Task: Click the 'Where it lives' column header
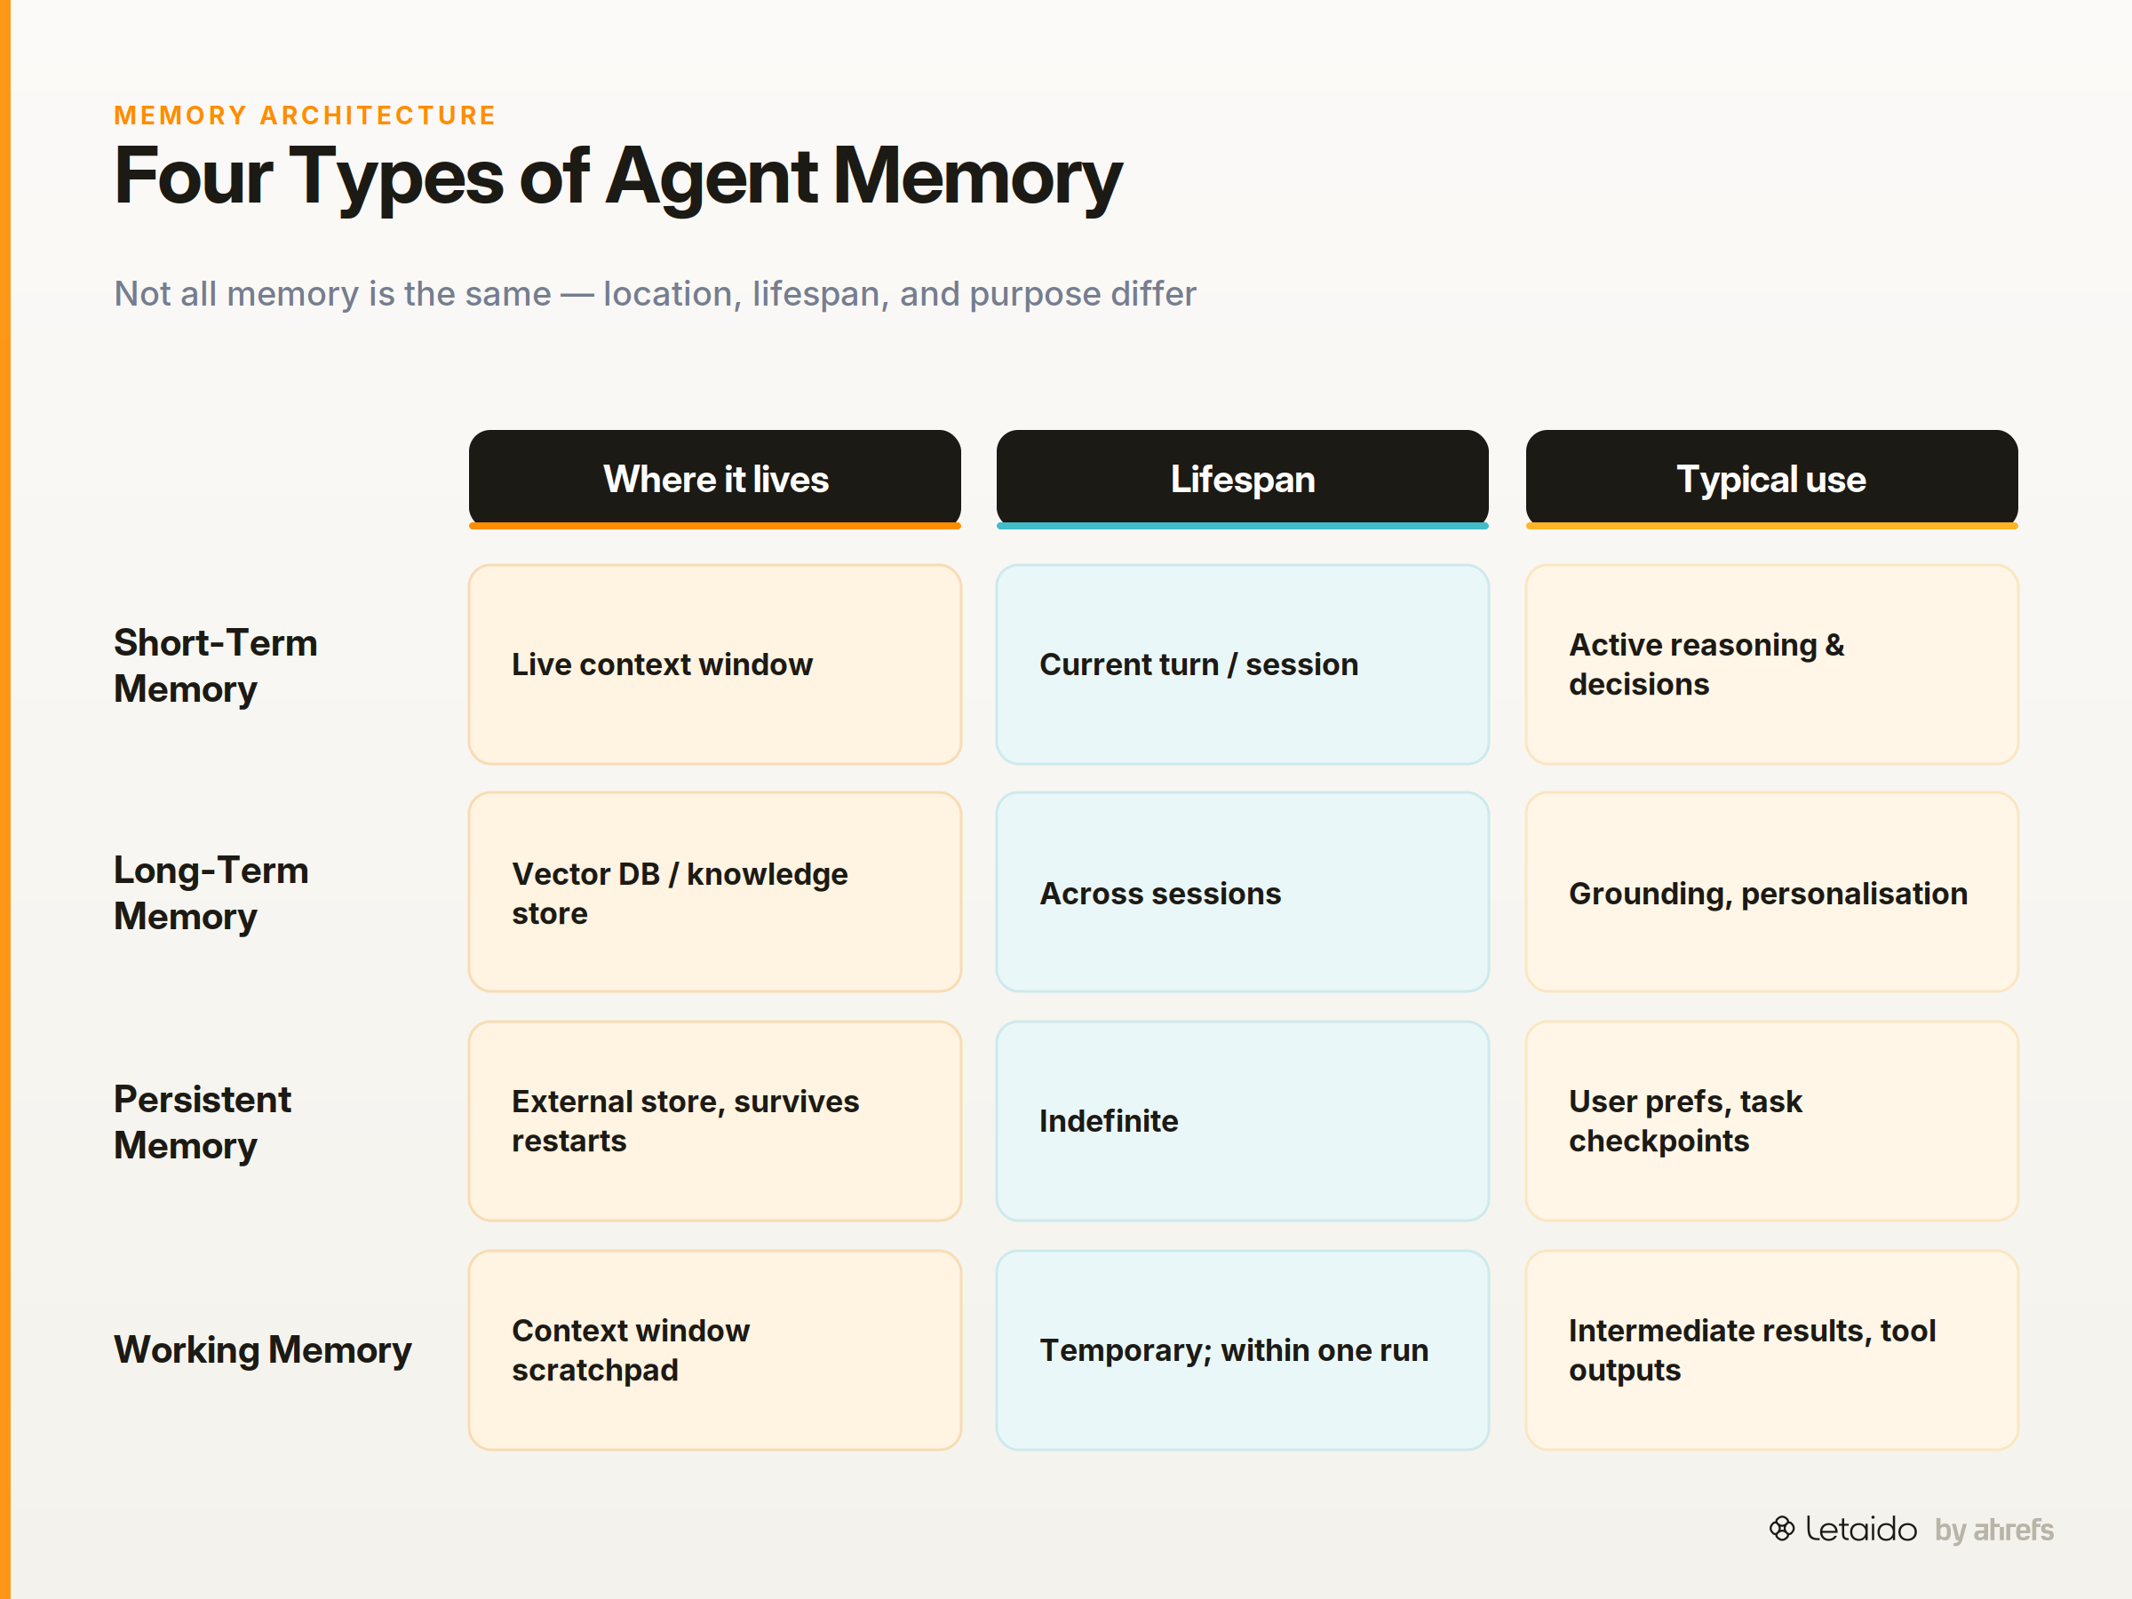click(x=714, y=479)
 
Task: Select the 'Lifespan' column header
click(x=1243, y=479)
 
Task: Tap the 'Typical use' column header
click(x=1771, y=479)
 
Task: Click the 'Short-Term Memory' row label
click(x=216, y=665)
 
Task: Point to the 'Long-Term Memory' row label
click(x=212, y=893)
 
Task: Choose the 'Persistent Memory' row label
click(x=203, y=1122)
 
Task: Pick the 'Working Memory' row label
click(x=263, y=1349)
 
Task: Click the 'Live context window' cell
click(x=714, y=664)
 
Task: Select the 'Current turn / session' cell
click(x=1243, y=664)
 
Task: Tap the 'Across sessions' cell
click(x=1243, y=893)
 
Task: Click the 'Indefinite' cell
click(x=1243, y=1121)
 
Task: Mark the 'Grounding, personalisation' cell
click(x=1771, y=893)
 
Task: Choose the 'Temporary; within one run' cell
click(x=1243, y=1350)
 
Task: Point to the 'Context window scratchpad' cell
click(x=714, y=1350)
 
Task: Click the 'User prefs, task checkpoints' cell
click(x=1771, y=1121)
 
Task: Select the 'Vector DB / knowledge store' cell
click(x=714, y=893)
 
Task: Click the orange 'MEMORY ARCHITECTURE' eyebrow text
click(x=305, y=115)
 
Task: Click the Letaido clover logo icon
click(x=1781, y=1529)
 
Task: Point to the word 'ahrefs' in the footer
click(x=2014, y=1530)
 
